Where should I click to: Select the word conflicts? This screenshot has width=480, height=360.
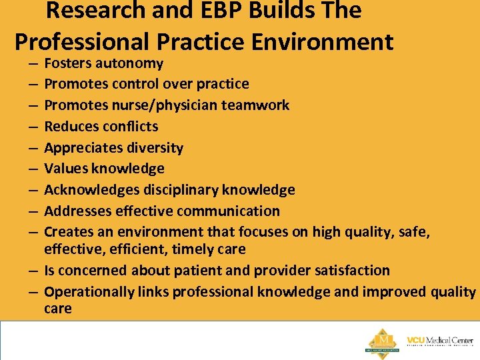[x=130, y=127]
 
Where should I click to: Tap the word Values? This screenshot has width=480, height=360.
[x=66, y=169]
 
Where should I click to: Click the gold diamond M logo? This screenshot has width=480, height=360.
[x=382, y=339]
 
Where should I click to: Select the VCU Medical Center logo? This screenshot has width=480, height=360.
[x=440, y=341]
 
